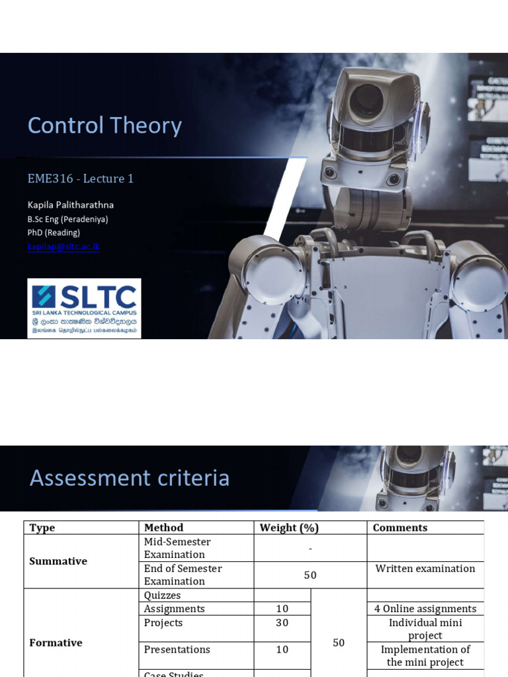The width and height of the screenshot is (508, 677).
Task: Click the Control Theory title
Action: pyautogui.click(x=105, y=126)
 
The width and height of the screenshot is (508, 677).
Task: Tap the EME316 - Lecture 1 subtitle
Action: pyautogui.click(x=80, y=179)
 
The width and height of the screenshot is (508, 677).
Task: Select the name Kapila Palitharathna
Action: pyautogui.click(x=70, y=205)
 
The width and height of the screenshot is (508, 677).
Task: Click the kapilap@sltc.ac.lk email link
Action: pyautogui.click(x=63, y=247)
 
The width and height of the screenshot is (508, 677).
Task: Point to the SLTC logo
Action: pyautogui.click(x=84, y=308)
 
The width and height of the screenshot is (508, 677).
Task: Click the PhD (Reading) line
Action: pyautogui.click(x=54, y=233)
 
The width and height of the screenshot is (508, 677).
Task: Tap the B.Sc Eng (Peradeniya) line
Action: pyautogui.click(x=67, y=219)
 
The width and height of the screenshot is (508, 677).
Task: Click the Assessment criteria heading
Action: pyautogui.click(x=130, y=477)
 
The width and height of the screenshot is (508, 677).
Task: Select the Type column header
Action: pyautogui.click(x=42, y=528)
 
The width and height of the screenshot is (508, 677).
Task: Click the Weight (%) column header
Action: pyautogui.click(x=289, y=528)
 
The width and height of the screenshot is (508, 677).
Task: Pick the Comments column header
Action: pyautogui.click(x=400, y=528)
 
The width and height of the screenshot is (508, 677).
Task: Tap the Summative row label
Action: pyautogui.click(x=58, y=561)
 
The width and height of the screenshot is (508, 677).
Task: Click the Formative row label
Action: pyautogui.click(x=56, y=643)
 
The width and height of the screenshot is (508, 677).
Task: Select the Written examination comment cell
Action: pyautogui.click(x=425, y=569)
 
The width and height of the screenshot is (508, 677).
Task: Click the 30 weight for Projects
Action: pyautogui.click(x=282, y=623)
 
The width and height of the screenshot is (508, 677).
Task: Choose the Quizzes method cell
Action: pyautogui.click(x=162, y=596)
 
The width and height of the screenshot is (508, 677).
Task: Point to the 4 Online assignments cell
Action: pyautogui.click(x=425, y=609)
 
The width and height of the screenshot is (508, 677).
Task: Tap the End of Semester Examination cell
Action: pyautogui.click(x=183, y=575)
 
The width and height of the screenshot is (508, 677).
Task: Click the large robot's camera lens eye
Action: pyautogui.click(x=366, y=100)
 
